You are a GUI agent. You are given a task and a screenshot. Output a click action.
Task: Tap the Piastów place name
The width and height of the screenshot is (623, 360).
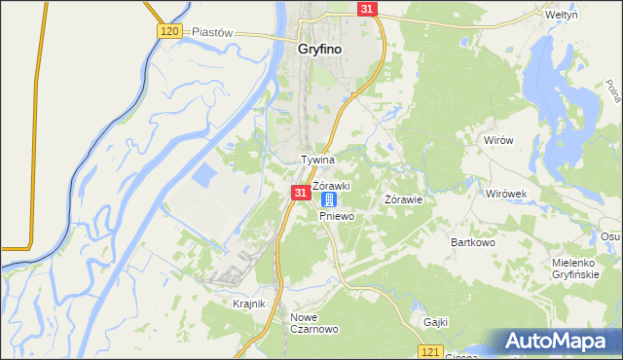click(x=213, y=31)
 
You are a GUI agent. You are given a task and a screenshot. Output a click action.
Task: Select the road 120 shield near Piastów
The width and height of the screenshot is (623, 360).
click(x=168, y=31)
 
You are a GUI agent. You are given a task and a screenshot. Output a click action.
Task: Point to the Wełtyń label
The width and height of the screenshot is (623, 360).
click(x=589, y=16)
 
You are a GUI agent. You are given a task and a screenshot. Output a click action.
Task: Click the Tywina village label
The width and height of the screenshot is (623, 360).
click(x=317, y=159)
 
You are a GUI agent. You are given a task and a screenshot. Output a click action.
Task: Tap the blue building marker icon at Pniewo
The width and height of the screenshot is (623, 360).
click(x=329, y=198)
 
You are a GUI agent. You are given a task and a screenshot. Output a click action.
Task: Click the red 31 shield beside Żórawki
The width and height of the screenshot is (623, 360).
click(x=300, y=195)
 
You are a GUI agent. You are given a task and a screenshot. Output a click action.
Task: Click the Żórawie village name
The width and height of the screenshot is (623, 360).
click(x=403, y=199)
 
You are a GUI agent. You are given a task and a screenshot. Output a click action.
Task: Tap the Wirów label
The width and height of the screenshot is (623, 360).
click(x=498, y=140)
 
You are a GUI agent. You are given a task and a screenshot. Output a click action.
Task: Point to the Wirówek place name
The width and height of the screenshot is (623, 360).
click(x=507, y=194)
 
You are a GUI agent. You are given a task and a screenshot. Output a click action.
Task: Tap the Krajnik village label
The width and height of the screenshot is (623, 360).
click(x=249, y=304)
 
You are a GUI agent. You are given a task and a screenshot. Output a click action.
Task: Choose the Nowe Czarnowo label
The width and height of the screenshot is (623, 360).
click(x=313, y=323)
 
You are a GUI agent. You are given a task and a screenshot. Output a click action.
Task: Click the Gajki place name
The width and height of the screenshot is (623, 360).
click(x=435, y=321)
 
